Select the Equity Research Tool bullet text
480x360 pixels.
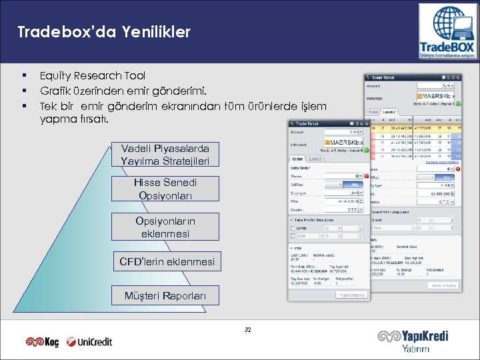click(x=92, y=76)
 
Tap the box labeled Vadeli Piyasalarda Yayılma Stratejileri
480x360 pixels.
click(x=165, y=155)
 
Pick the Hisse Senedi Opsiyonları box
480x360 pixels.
click(x=165, y=189)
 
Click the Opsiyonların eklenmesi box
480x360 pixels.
click(x=165, y=227)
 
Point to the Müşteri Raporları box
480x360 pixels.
click(x=165, y=295)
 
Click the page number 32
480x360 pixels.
click(x=248, y=329)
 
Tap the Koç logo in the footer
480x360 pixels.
click(x=43, y=341)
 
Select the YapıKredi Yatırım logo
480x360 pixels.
click(x=413, y=341)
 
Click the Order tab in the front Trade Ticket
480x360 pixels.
click(x=297, y=159)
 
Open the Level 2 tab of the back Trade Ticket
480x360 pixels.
click(x=389, y=112)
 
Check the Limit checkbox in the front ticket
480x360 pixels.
click(x=293, y=228)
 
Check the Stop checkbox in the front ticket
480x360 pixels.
click(x=293, y=236)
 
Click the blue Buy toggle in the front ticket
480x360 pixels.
click(x=355, y=183)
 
